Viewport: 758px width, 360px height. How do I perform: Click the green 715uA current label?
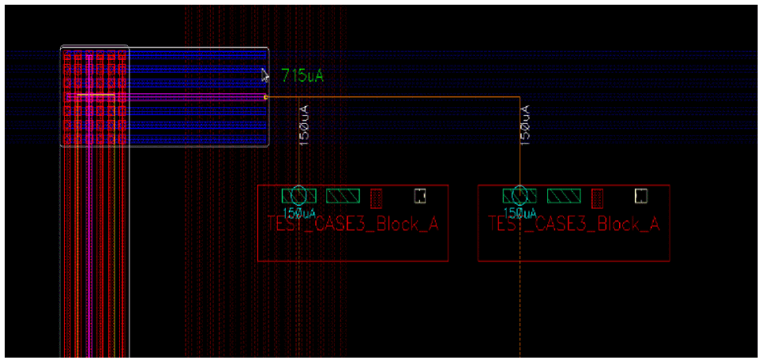click(x=302, y=76)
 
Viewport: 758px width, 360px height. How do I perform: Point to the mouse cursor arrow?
click(x=265, y=74)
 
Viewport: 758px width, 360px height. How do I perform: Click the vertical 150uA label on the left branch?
click(x=304, y=125)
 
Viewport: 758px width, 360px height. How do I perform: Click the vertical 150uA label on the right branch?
click(x=525, y=125)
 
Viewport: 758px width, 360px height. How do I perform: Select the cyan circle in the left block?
click(x=298, y=195)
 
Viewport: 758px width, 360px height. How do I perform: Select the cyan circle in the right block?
click(x=520, y=195)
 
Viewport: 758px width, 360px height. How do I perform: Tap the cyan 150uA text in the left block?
click(x=299, y=213)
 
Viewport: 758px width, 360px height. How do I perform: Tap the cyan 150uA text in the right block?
click(x=520, y=213)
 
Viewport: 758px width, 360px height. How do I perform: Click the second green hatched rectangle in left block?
click(x=343, y=195)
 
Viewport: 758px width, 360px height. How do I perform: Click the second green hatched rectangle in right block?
click(x=564, y=195)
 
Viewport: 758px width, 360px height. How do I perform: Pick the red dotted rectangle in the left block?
click(x=377, y=196)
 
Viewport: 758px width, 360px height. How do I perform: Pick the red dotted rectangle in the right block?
click(x=598, y=196)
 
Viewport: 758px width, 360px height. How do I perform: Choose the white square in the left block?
click(x=420, y=194)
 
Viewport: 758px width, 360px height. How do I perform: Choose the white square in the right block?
click(x=641, y=194)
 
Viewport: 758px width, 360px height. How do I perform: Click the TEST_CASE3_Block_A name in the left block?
click(x=353, y=225)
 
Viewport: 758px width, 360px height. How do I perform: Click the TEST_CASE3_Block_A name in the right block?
click(x=574, y=225)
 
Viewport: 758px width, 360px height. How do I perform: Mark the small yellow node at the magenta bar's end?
click(x=265, y=97)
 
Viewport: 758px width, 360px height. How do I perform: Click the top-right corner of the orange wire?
click(x=520, y=97)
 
